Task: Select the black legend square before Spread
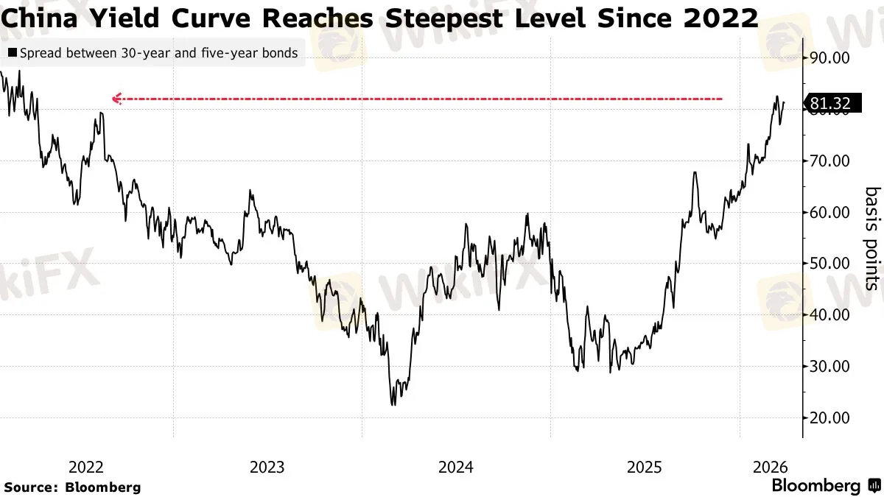(11, 54)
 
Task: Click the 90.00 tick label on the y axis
(829, 58)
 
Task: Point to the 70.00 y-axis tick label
(829, 161)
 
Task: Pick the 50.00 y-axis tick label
(829, 264)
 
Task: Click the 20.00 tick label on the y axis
(829, 417)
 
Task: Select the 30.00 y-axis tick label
(829, 366)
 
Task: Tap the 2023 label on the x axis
(267, 467)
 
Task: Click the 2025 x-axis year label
(645, 467)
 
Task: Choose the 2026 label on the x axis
(770, 467)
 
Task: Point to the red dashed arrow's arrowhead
(115, 99)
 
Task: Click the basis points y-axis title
(871, 238)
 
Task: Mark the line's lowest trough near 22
(393, 404)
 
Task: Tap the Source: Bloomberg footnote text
(72, 487)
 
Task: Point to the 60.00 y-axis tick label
(829, 212)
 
